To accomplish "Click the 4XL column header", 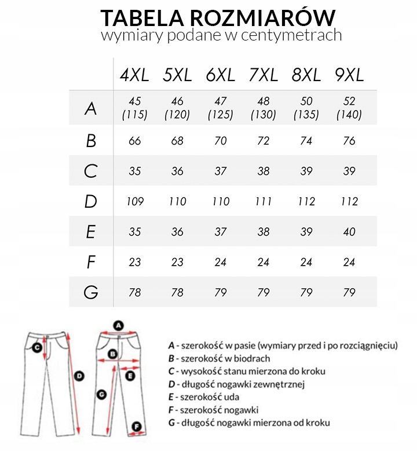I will tap(134, 75).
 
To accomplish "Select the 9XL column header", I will tap(349, 75).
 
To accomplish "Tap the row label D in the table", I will tap(90, 202).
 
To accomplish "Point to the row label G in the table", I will tap(90, 292).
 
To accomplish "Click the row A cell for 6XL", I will tap(220, 108).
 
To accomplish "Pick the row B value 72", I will tap(263, 141).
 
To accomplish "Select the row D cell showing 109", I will tap(134, 202).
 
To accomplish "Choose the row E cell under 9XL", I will tap(349, 232).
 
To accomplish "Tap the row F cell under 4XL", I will tap(134, 262).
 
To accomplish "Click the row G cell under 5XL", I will tap(177, 292).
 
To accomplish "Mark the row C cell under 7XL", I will tap(263, 172).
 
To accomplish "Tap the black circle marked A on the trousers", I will tap(118, 325).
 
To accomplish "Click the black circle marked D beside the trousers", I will tap(80, 376).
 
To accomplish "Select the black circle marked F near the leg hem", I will tap(137, 427).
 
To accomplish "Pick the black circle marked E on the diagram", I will tap(130, 376).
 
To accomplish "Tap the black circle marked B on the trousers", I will tap(114, 353).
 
